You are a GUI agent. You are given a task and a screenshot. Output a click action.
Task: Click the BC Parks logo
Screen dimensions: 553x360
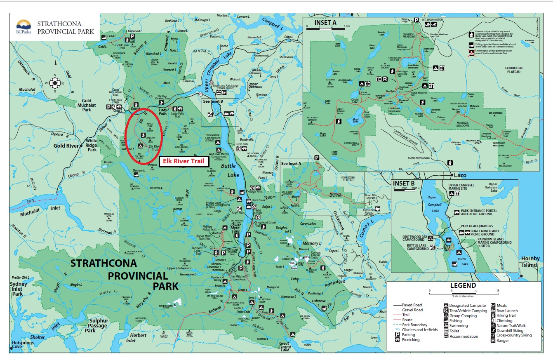pos(23,27)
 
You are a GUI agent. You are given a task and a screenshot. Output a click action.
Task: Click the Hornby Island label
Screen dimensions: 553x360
pos(530,262)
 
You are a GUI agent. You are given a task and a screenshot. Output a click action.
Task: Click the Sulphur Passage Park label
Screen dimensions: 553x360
pos(96,325)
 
